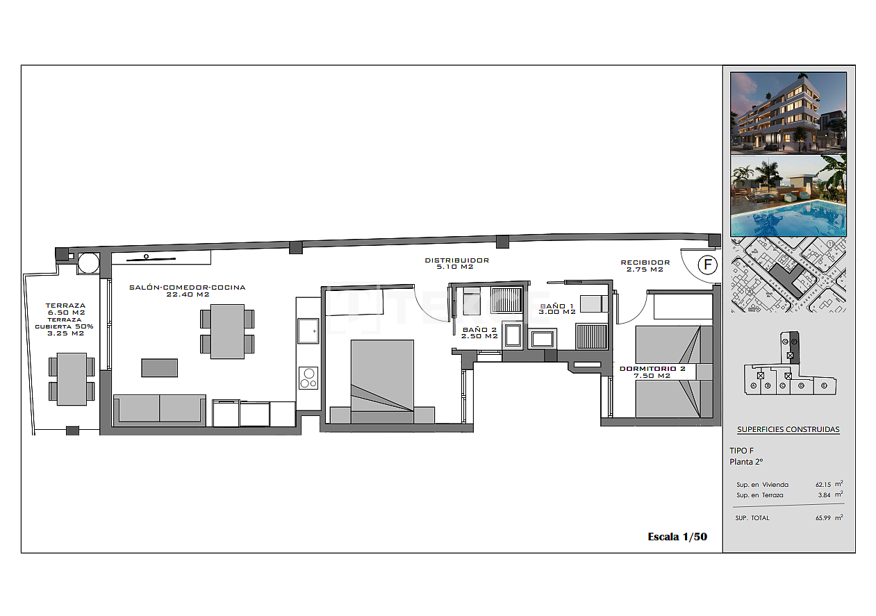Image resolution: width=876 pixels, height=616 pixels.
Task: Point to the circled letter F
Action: pos(707,265)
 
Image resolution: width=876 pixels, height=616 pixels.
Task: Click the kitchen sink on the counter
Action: pos(308,331)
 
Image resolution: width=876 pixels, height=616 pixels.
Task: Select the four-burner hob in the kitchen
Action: pos(308,378)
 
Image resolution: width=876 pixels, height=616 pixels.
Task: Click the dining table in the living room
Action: pos(227,331)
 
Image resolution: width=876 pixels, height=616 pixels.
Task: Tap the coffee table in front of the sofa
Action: pos(159,367)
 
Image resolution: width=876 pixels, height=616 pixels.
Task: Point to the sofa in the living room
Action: pos(160,409)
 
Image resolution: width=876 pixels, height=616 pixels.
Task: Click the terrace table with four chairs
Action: pos(72,379)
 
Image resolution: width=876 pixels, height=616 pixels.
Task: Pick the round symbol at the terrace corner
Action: pos(88,263)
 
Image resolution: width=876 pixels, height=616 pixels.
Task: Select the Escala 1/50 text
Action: pos(677,537)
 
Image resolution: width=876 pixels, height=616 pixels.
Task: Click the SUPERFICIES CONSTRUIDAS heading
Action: pos(788,429)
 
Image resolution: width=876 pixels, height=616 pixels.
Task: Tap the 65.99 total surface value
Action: pos(824,518)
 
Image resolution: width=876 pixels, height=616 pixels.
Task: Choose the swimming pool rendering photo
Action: pos(788,196)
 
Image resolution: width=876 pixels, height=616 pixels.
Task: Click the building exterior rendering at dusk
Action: pos(788,113)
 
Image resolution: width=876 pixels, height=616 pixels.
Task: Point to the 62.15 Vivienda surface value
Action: pos(824,485)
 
